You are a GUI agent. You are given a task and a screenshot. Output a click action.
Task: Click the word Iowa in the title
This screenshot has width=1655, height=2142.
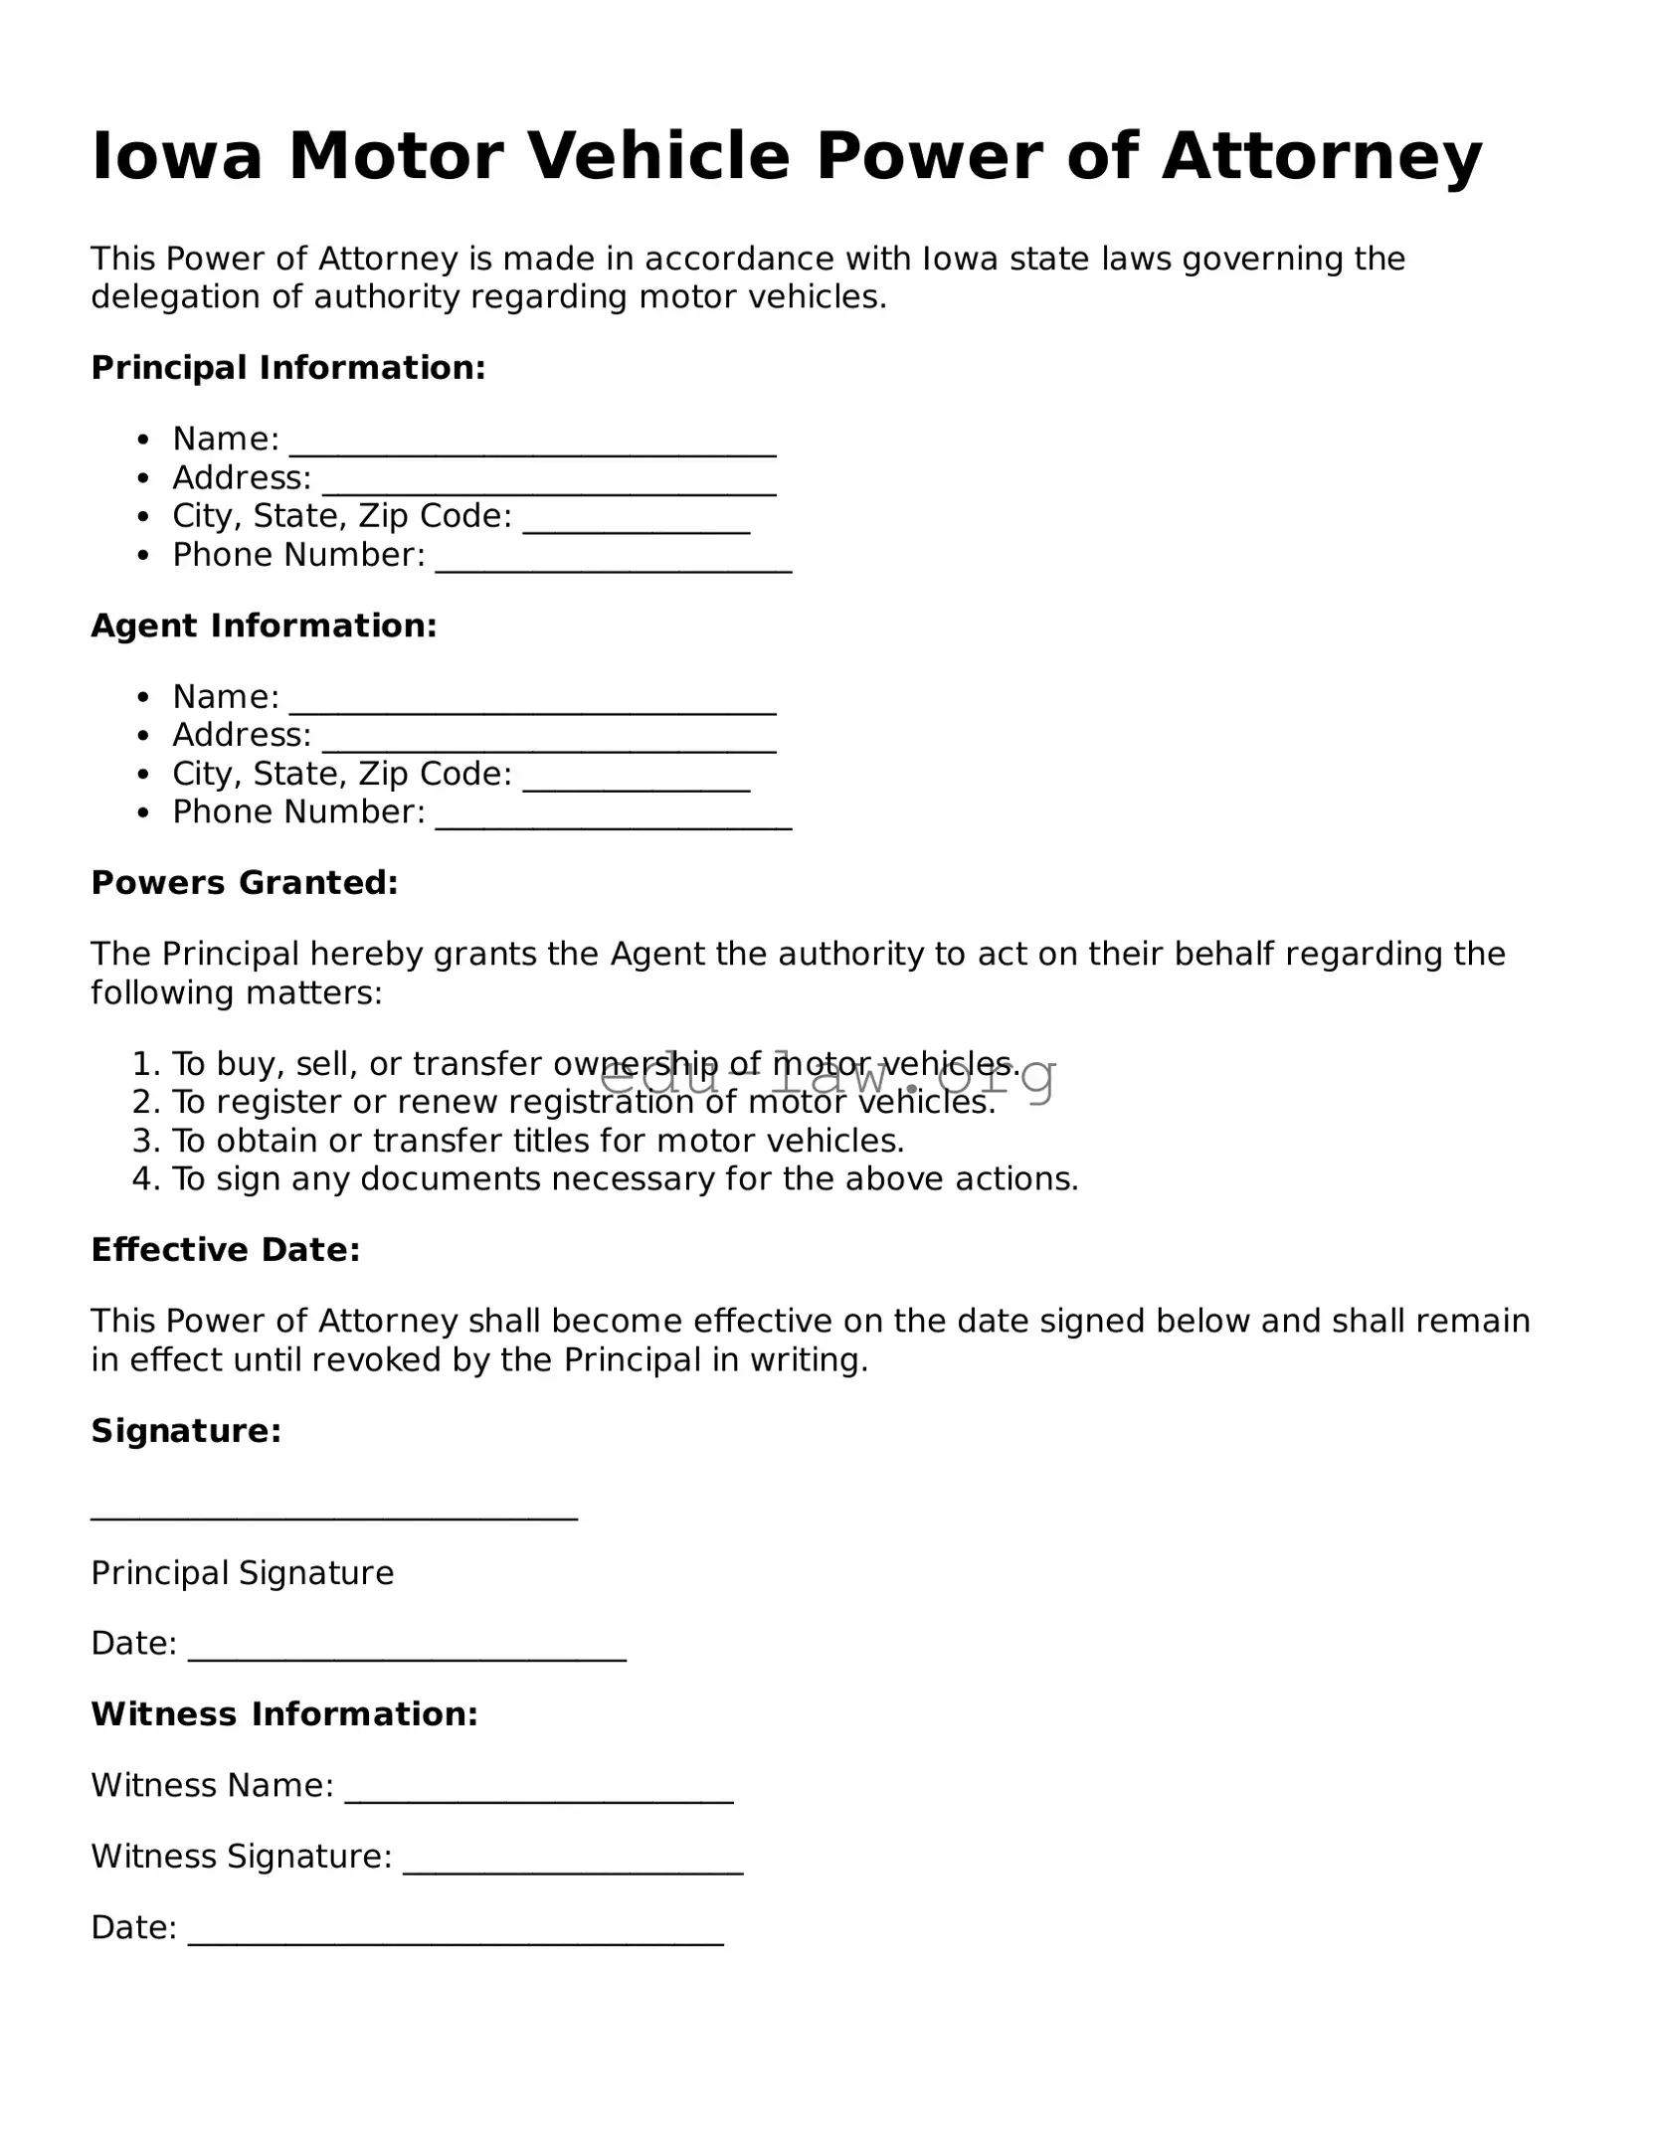(x=177, y=157)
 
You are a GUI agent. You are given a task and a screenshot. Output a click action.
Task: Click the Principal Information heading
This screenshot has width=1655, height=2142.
(x=287, y=368)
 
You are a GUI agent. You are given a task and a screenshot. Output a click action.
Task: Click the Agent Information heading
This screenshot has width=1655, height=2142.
(x=264, y=625)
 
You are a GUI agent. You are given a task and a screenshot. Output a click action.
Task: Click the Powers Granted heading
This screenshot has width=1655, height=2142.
(x=245, y=883)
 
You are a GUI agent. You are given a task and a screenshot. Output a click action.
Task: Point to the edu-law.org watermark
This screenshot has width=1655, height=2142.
(x=827, y=1076)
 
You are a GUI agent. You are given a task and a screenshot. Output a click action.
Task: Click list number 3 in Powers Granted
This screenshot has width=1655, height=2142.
(x=145, y=1141)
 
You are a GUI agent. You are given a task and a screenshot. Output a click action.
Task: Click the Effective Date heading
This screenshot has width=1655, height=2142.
(x=226, y=1250)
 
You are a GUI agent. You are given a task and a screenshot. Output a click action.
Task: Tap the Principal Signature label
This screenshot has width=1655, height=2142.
(x=242, y=1573)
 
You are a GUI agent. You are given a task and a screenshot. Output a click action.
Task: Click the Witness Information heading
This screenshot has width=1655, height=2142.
(x=284, y=1714)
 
